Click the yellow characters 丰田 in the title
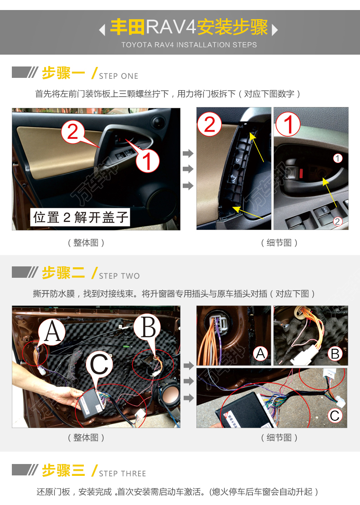pos(128,27)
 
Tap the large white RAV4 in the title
pos(171,27)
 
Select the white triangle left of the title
pos(102,30)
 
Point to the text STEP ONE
pos(118,76)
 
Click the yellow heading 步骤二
pos(63,273)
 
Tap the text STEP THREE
pos(123,474)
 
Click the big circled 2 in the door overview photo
pos(73,132)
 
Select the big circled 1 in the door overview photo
pos(147,160)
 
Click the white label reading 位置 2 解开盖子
pos(80,217)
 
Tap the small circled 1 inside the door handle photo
pos(337,158)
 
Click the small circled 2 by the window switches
pos(337,221)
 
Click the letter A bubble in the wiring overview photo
pos(52,332)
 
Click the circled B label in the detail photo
pos(335,354)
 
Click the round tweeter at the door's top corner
pos(158,122)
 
